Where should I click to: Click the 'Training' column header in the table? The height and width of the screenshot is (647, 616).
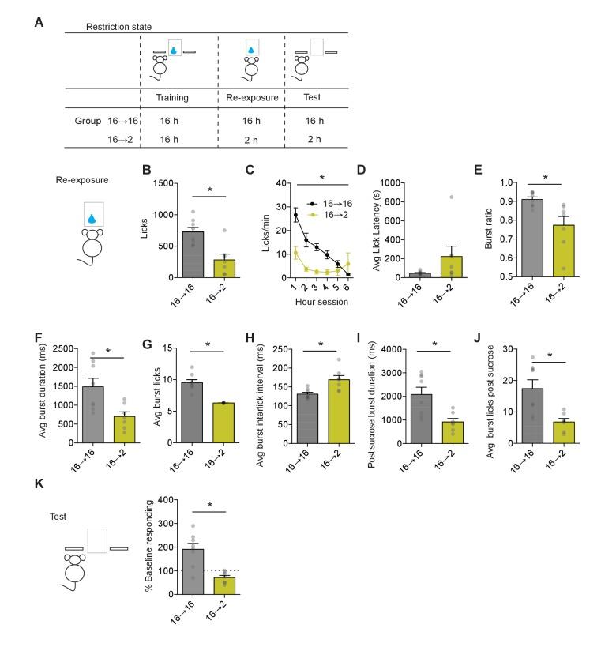pyautogui.click(x=172, y=98)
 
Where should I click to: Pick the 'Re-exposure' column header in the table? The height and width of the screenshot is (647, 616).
pyautogui.click(x=251, y=98)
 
